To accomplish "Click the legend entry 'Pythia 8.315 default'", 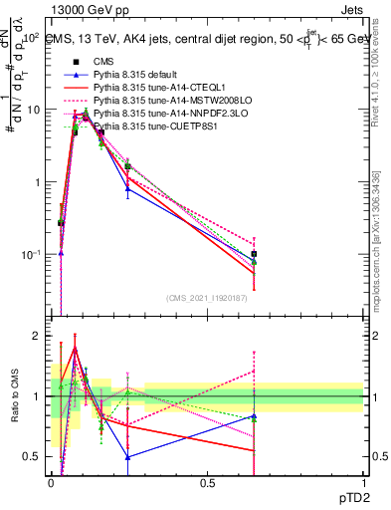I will [x=133, y=75].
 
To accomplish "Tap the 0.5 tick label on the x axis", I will [x=207, y=481].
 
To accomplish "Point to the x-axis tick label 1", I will [x=363, y=481].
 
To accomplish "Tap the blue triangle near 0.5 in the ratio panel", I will [x=128, y=457].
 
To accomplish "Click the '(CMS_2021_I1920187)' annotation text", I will [x=206, y=298].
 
